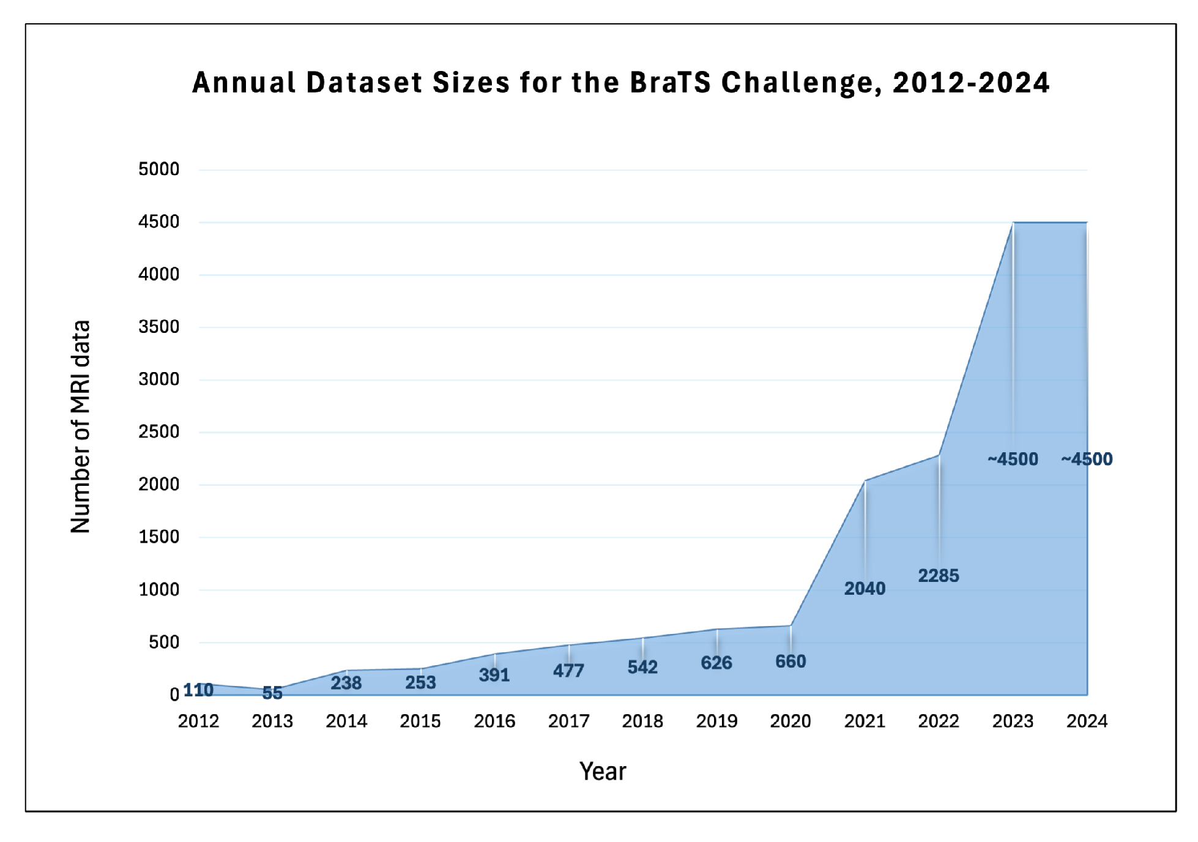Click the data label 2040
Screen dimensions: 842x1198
(x=864, y=589)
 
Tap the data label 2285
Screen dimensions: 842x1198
(x=938, y=576)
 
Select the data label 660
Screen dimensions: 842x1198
(x=790, y=661)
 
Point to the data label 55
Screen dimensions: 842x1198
(x=272, y=693)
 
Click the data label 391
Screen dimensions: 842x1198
(x=494, y=675)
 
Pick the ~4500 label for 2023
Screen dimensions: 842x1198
(x=1013, y=459)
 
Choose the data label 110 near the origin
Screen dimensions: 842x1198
(x=198, y=690)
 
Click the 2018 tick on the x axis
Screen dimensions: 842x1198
(x=642, y=721)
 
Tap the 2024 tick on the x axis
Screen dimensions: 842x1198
(x=1087, y=721)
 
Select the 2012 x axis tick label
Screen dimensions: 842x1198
(x=198, y=721)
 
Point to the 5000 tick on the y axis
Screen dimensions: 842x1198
(x=158, y=170)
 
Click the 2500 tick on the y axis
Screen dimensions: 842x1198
(x=158, y=432)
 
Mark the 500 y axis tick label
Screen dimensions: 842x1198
(x=163, y=643)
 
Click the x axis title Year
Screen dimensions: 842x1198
(x=603, y=772)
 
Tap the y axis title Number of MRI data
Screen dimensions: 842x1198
(x=80, y=427)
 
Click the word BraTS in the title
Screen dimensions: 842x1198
(x=670, y=83)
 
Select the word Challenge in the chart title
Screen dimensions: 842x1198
(x=802, y=83)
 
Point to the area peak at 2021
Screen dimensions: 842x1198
(x=865, y=481)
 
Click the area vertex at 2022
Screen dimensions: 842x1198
(x=939, y=455)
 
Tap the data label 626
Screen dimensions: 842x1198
(x=716, y=663)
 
